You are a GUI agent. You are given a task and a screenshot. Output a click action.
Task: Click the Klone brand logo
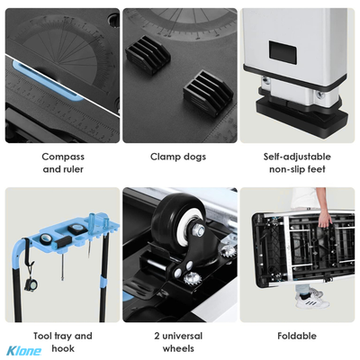coord(24,351)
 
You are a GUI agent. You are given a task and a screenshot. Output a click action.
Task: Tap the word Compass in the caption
coord(63,157)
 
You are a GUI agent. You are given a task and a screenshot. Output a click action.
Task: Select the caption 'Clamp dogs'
coord(178,157)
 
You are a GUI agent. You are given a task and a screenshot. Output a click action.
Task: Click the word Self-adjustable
coord(297,157)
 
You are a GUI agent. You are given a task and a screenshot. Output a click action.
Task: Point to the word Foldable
coord(297,336)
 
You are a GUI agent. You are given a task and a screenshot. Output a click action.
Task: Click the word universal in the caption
coord(183,336)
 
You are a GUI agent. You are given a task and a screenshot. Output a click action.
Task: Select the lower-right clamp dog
coord(208,93)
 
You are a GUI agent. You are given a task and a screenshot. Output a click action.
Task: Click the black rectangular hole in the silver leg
coord(283,52)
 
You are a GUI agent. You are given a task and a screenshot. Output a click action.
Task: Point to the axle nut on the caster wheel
coord(199,230)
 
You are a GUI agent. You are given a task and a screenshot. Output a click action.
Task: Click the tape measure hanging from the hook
coord(31,284)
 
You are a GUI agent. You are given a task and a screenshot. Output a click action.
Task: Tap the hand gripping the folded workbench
coord(325,218)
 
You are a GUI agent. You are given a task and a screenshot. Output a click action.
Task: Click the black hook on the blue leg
coord(28,251)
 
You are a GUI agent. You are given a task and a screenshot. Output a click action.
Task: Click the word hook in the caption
coord(63,348)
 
